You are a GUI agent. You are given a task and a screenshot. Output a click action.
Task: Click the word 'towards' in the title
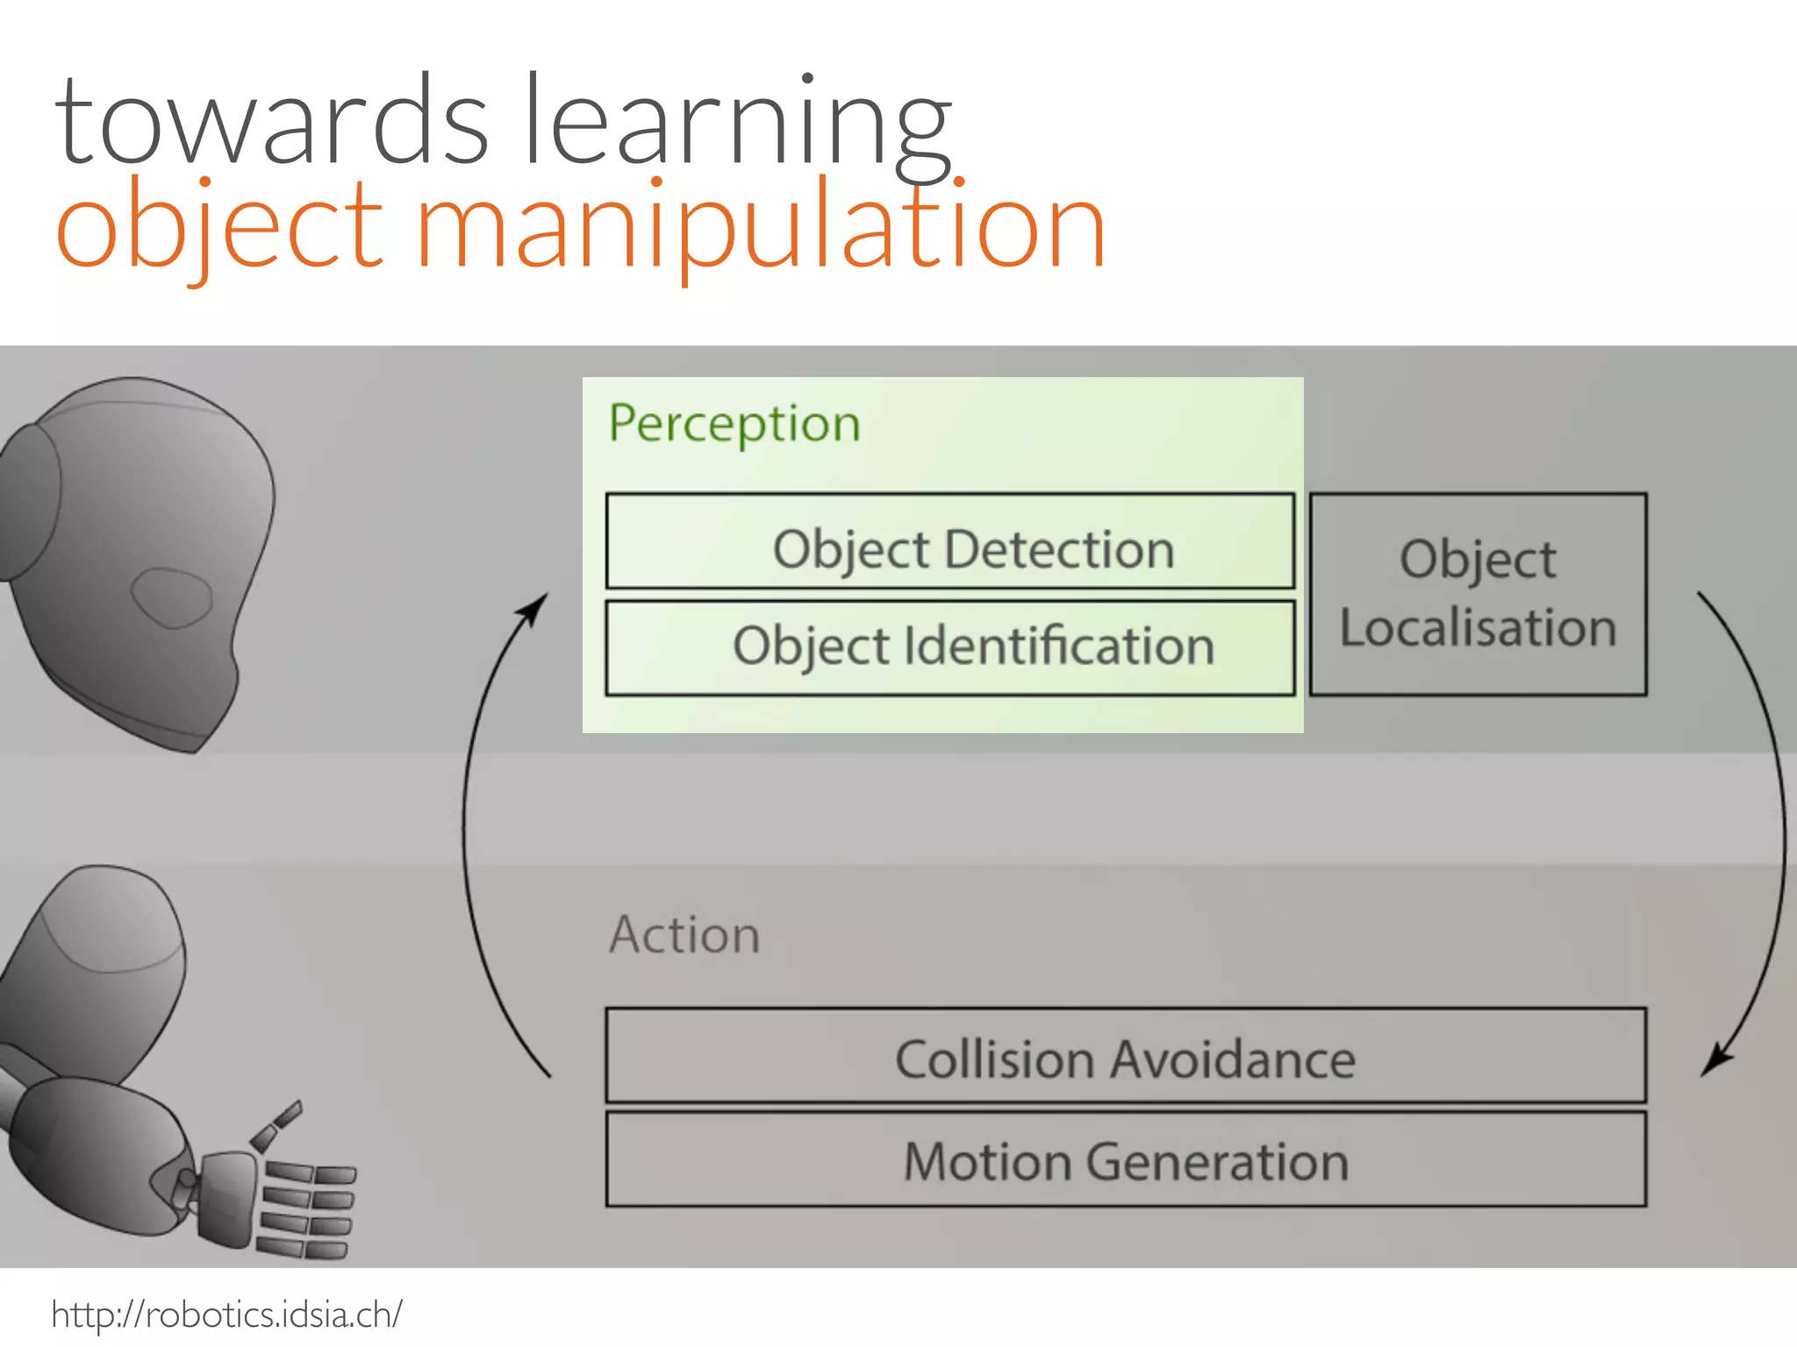pyautogui.click(x=270, y=123)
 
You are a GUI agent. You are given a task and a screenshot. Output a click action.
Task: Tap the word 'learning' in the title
pyautogui.click(x=737, y=123)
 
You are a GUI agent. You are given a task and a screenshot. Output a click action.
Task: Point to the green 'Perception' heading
pyautogui.click(x=734, y=424)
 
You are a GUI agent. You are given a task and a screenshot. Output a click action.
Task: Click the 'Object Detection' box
pyautogui.click(x=950, y=541)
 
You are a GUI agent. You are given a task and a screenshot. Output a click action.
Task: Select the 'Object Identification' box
pyautogui.click(x=950, y=648)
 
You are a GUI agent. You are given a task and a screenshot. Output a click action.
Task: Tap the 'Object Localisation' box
pyautogui.click(x=1478, y=595)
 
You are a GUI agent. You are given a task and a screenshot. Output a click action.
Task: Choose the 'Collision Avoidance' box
pyautogui.click(x=1126, y=1056)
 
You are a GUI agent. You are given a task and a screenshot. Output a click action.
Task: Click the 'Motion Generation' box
pyautogui.click(x=1126, y=1159)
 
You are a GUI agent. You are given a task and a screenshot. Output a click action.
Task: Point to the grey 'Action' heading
pyautogui.click(x=685, y=935)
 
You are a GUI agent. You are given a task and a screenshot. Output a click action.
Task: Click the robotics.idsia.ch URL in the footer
pyautogui.click(x=227, y=1315)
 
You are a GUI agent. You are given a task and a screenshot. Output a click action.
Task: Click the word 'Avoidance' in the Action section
pyautogui.click(x=1234, y=1059)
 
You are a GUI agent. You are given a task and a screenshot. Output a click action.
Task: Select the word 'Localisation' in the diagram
pyautogui.click(x=1478, y=628)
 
